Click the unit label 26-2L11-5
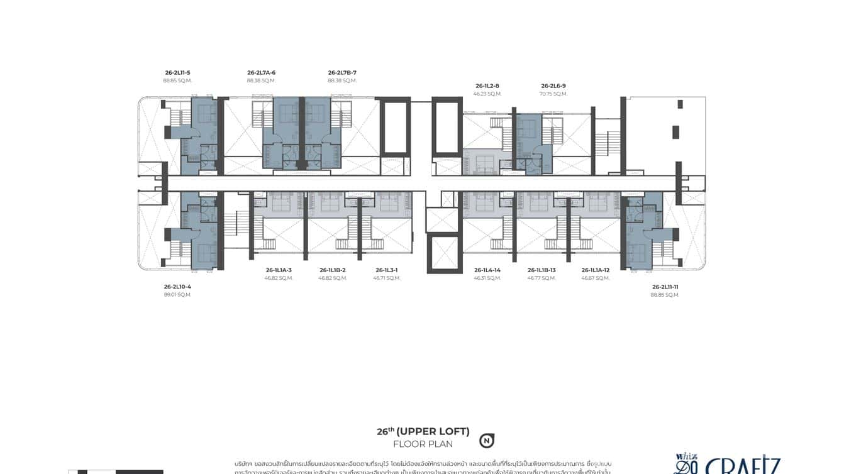pyautogui.click(x=177, y=73)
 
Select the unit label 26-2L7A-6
pyautogui.click(x=261, y=73)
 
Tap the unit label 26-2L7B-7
pyautogui.click(x=342, y=73)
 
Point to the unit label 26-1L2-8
pyautogui.click(x=487, y=86)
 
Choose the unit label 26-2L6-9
pyautogui.click(x=553, y=86)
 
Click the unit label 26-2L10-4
pyautogui.click(x=177, y=287)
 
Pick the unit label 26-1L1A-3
pyautogui.click(x=279, y=270)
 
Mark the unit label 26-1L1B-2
pyautogui.click(x=333, y=270)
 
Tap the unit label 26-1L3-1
pyautogui.click(x=387, y=270)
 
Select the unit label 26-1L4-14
pyautogui.click(x=487, y=270)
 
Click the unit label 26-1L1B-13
pyautogui.click(x=541, y=270)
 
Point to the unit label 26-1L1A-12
pyautogui.click(x=596, y=270)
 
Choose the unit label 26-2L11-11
pyautogui.click(x=665, y=287)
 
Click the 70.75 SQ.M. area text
pyautogui.click(x=553, y=94)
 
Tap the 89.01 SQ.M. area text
pyautogui.click(x=177, y=295)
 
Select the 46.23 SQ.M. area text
pyautogui.click(x=487, y=94)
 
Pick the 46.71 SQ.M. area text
pyautogui.click(x=387, y=278)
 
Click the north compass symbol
pyautogui.click(x=486, y=441)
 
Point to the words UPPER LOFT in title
pyautogui.click(x=433, y=432)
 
